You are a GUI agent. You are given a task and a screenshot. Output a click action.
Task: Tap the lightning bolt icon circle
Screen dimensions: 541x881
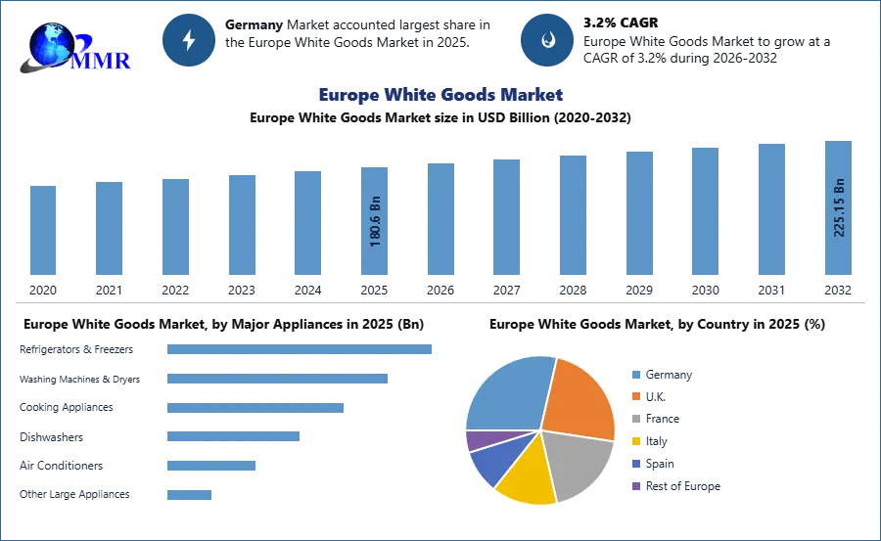point(189,40)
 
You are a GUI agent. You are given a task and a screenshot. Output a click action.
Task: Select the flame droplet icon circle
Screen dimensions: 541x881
point(547,40)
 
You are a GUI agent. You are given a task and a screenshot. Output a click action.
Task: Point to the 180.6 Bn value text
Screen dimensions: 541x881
point(375,223)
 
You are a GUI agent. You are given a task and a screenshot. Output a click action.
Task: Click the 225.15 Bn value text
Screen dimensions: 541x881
point(838,207)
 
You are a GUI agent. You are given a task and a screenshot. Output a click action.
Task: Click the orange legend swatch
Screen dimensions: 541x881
point(634,397)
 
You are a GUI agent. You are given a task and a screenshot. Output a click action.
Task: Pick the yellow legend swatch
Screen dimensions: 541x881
point(634,441)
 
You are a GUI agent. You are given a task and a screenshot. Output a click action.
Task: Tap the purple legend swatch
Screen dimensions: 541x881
point(634,485)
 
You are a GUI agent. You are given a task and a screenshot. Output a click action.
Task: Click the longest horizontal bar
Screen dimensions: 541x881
point(301,351)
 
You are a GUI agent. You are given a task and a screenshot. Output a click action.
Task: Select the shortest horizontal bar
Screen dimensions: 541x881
point(187,493)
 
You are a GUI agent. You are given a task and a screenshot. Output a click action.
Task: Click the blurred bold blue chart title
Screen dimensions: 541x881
point(440,95)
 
